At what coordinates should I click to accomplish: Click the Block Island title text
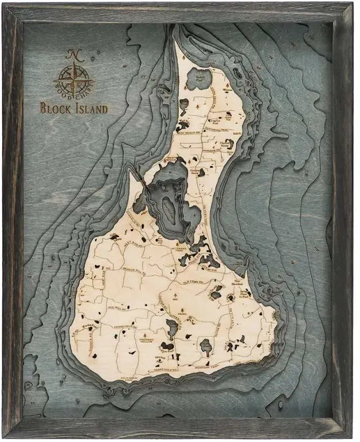[x=73, y=107]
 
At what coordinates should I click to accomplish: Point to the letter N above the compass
[x=72, y=54]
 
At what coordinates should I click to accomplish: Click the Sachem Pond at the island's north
[x=198, y=76]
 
